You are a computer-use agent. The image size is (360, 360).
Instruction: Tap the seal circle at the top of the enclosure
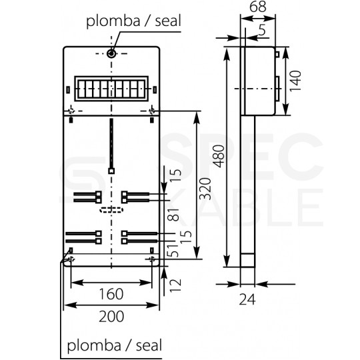coord(111,53)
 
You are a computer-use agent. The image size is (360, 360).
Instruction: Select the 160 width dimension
coord(113,293)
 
